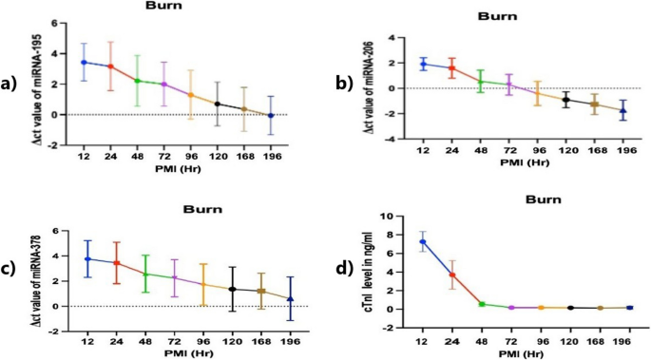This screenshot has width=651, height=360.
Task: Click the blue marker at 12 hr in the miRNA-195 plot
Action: (x=84, y=63)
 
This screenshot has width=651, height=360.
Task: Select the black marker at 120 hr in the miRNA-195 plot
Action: (x=217, y=104)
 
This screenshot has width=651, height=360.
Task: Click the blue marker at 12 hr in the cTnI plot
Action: (x=423, y=241)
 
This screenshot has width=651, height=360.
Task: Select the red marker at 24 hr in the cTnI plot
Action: (x=452, y=275)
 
